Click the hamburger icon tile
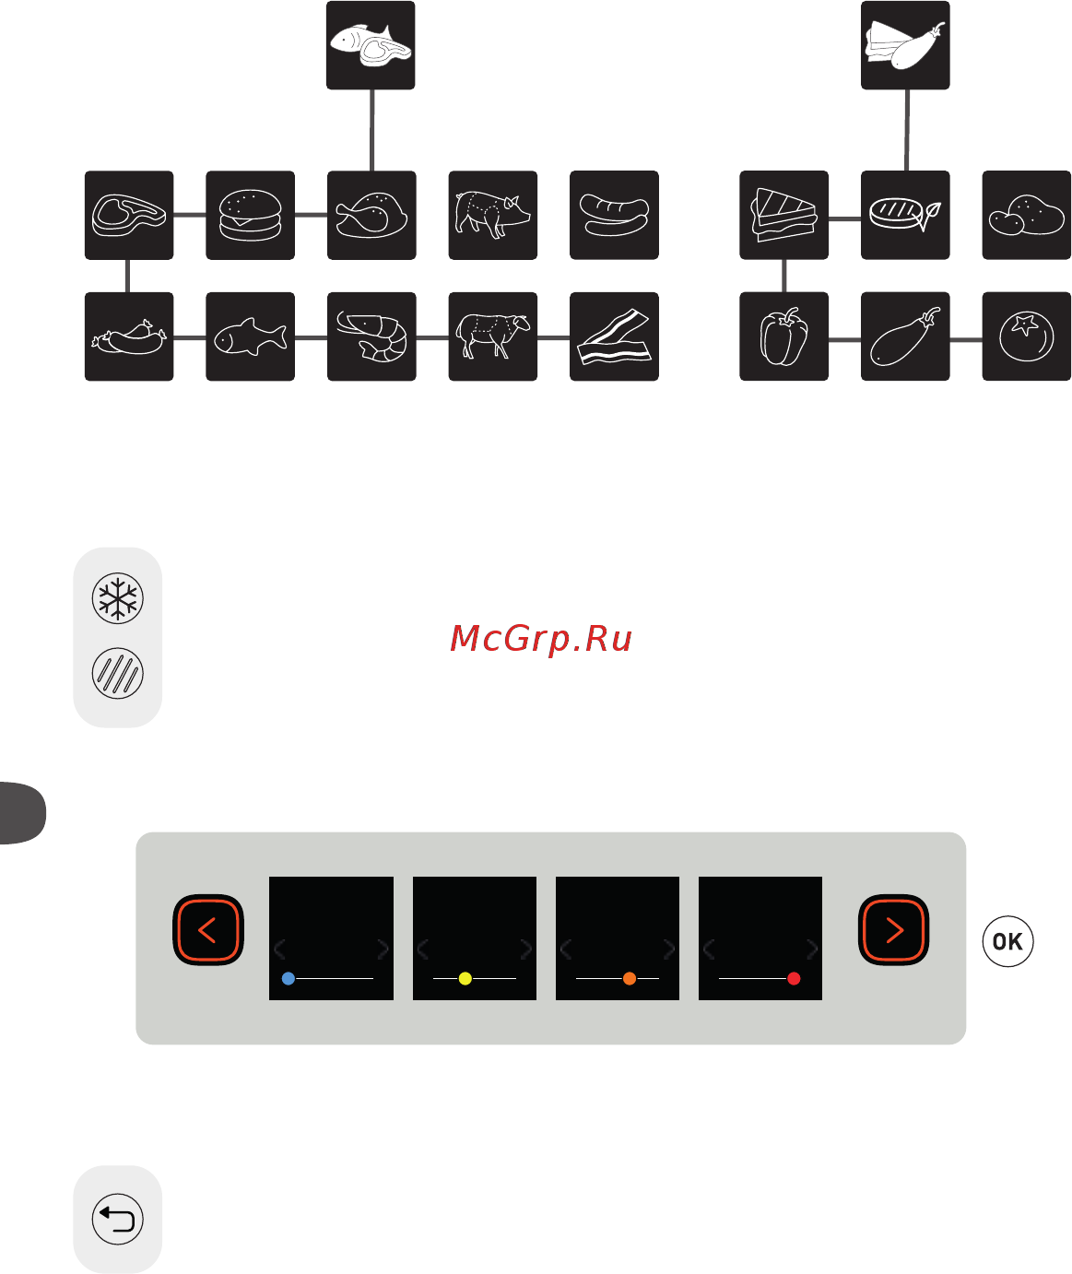click(x=250, y=215)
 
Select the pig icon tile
click(x=493, y=215)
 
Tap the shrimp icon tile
click(x=371, y=336)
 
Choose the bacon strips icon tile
click(x=615, y=336)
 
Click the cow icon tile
click(x=493, y=336)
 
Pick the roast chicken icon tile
click(x=371, y=215)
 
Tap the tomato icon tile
click(x=1027, y=336)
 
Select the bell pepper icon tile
click(x=784, y=336)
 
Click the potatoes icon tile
click(x=1027, y=215)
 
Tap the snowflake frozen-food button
click(x=118, y=598)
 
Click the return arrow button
click(x=118, y=1219)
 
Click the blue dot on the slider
click(x=289, y=979)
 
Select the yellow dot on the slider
click(x=465, y=979)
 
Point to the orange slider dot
click(x=630, y=979)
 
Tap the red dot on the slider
click(x=794, y=979)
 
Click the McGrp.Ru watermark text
click(x=541, y=640)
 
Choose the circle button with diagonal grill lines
click(x=118, y=673)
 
